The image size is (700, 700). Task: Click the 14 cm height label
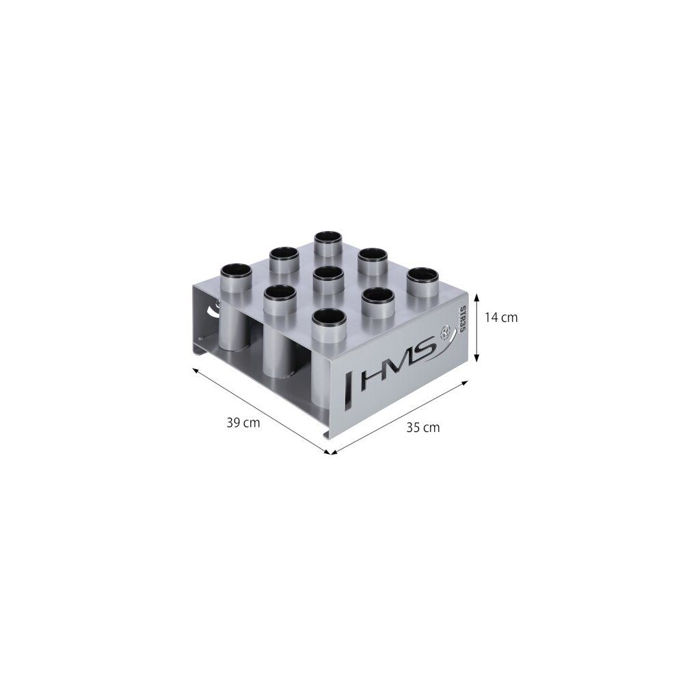point(501,317)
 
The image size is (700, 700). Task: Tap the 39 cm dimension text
point(243,422)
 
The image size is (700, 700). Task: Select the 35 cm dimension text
point(422,428)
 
